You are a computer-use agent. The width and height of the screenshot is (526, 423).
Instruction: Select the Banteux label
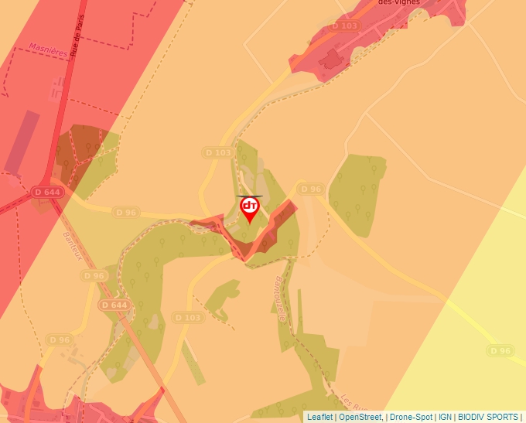tap(72, 246)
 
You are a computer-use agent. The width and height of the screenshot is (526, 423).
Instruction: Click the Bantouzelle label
tap(280, 299)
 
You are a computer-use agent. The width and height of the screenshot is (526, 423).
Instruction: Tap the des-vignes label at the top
tap(398, 3)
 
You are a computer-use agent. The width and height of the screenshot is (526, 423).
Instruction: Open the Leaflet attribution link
tap(320, 417)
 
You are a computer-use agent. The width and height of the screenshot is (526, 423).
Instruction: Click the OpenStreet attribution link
tap(360, 417)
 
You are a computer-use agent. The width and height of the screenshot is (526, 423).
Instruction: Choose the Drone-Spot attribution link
tap(410, 417)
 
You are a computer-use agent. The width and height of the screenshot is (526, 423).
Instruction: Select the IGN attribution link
tap(446, 417)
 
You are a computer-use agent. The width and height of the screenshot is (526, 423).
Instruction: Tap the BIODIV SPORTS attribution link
tap(488, 417)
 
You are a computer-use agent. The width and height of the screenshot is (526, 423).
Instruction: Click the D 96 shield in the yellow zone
tap(500, 350)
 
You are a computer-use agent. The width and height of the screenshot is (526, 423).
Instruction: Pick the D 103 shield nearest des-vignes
tap(345, 26)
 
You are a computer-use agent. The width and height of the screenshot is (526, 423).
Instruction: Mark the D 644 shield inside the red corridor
tap(47, 191)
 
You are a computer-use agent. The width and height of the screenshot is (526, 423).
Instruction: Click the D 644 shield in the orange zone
tap(114, 305)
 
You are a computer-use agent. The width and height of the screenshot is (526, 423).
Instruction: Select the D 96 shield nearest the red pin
tap(310, 189)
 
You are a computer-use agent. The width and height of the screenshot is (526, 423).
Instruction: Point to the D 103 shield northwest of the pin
tap(219, 152)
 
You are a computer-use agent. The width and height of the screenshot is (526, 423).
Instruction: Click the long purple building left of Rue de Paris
tap(22, 142)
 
